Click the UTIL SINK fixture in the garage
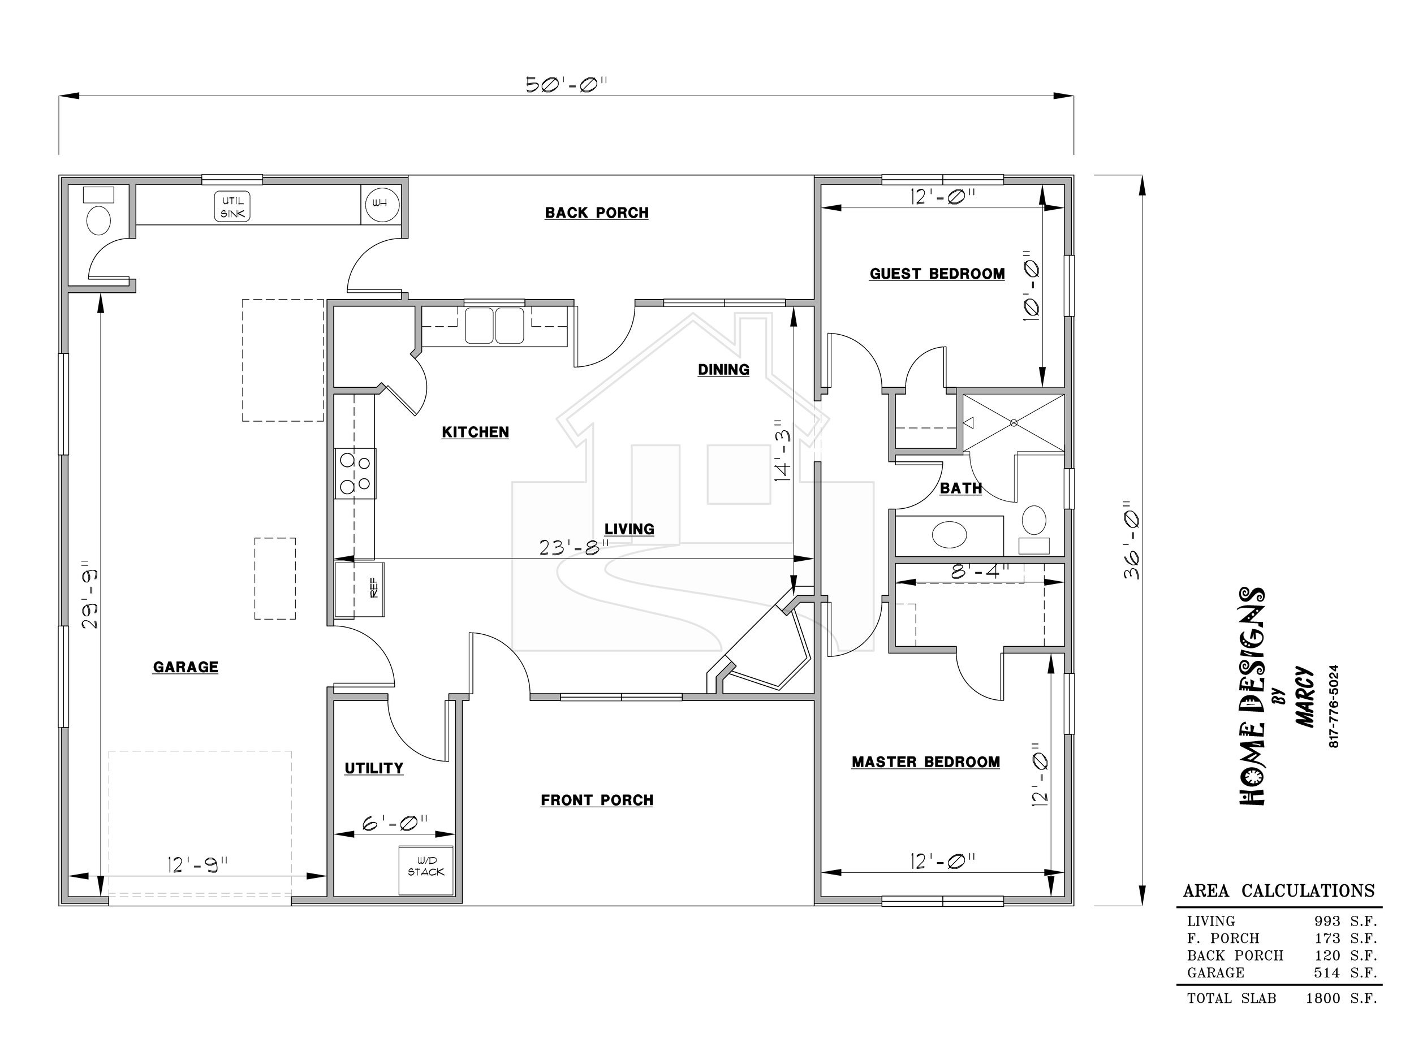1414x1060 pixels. (232, 207)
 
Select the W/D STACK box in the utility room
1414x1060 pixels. (426, 870)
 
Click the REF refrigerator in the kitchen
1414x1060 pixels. (359, 590)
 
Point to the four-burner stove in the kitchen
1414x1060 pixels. (355, 473)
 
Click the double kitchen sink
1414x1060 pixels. (494, 326)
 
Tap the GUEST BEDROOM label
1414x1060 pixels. (937, 274)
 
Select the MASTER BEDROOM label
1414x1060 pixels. (926, 762)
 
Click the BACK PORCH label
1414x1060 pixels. (596, 213)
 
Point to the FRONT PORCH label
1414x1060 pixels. (597, 800)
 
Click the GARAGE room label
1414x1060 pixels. (186, 667)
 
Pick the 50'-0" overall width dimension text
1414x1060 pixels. (566, 84)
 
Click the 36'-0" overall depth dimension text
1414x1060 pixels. (1132, 540)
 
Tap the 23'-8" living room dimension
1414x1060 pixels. (574, 548)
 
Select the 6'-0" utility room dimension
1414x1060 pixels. (395, 824)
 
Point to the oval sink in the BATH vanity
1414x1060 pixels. (949, 535)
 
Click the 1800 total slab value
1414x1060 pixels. (1324, 998)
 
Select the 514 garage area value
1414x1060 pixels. (1327, 972)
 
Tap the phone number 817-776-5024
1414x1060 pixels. (1334, 707)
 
